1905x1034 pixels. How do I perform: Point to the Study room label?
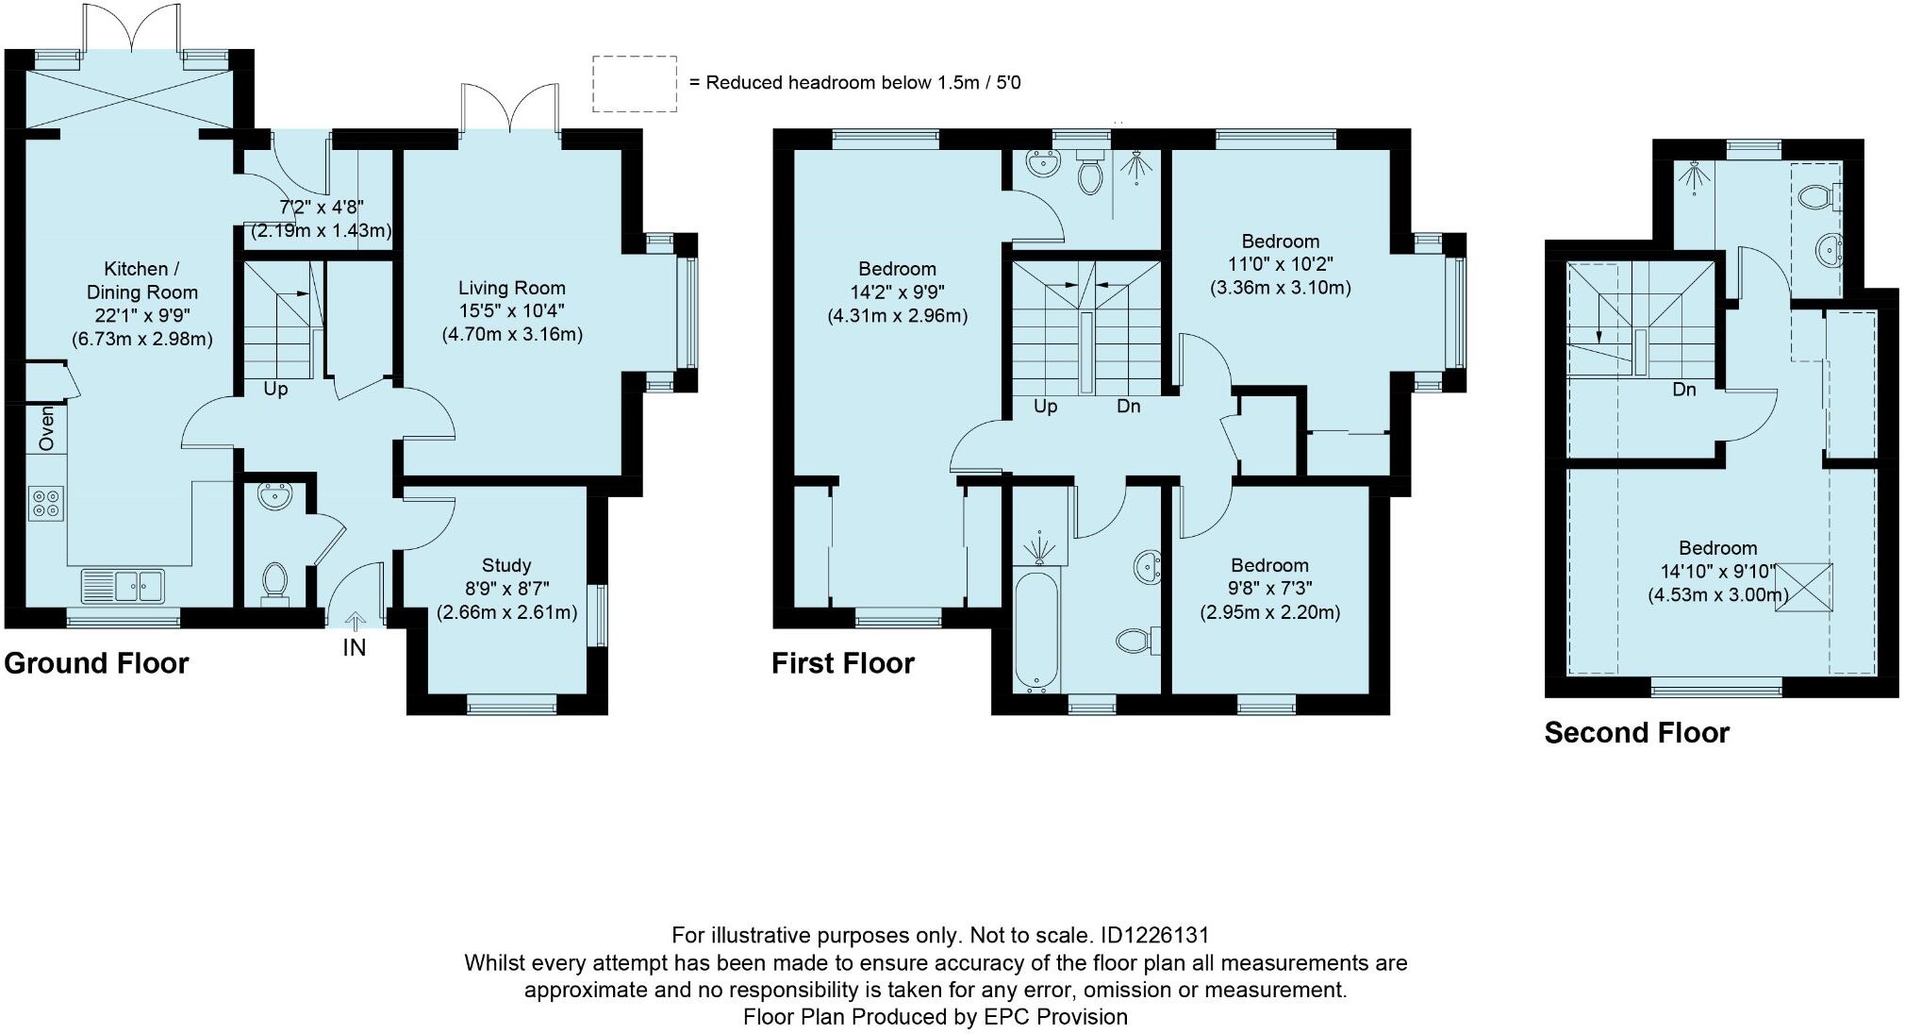click(x=506, y=565)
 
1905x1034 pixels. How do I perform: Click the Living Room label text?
click(x=512, y=288)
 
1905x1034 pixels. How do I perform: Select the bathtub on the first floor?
click(x=1036, y=629)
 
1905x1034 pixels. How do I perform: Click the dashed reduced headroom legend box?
click(x=634, y=83)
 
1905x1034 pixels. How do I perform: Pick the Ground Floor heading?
click(x=96, y=663)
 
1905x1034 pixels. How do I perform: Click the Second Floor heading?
click(x=1637, y=733)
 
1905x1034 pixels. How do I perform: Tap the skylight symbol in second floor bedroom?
click(x=1804, y=587)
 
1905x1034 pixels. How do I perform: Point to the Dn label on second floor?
click(x=1684, y=390)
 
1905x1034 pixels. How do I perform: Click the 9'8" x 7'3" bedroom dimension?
click(x=1269, y=589)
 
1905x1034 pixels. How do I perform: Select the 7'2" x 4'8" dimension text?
click(x=322, y=207)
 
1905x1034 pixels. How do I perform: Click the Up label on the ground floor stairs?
click(x=275, y=389)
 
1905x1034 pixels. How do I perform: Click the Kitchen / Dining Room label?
click(x=142, y=280)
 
